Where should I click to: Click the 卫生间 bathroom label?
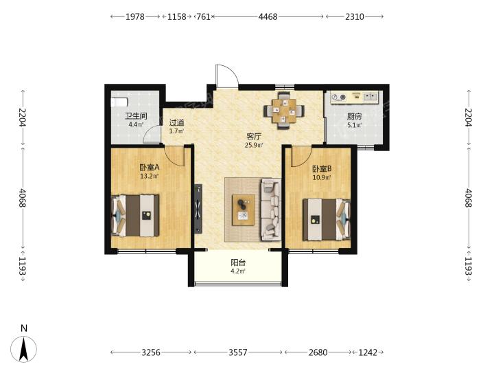[136, 116]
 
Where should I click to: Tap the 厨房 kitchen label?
[355, 116]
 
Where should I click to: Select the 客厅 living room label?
[254, 137]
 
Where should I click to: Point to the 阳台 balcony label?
[238, 262]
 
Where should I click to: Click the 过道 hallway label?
[176, 122]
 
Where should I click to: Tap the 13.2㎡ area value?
[150, 176]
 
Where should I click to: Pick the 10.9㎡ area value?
[322, 177]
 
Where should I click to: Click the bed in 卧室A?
[135, 216]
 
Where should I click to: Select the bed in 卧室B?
[327, 219]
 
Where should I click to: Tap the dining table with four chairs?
[284, 111]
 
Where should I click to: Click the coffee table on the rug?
[243, 210]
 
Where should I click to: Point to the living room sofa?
[270, 210]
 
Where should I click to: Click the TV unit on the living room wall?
[198, 209]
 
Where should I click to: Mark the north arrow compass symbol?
[23, 348]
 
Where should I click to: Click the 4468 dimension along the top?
[268, 16]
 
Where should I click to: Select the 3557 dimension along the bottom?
[238, 352]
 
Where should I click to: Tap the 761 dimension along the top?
[203, 16]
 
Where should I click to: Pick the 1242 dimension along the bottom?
[368, 352]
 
